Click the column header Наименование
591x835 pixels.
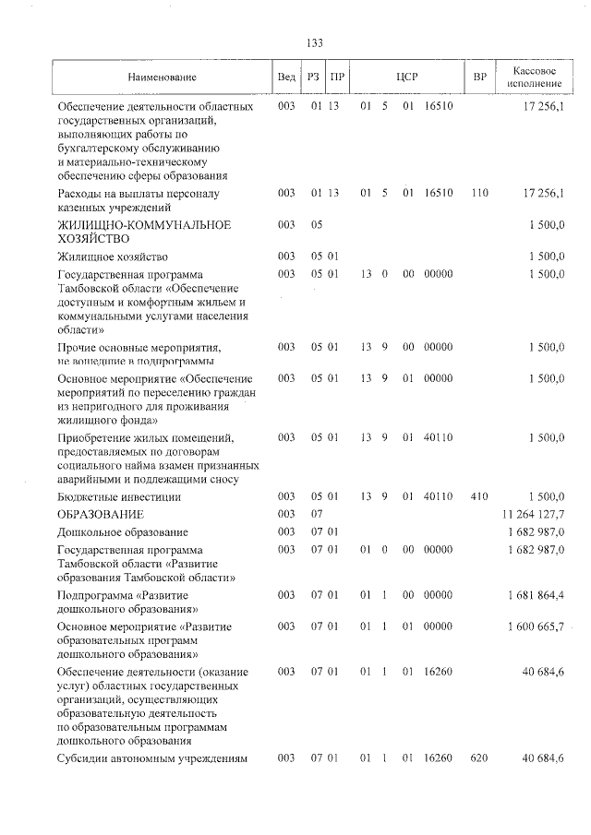coord(162,78)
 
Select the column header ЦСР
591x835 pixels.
coord(406,78)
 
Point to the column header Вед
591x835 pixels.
coord(286,78)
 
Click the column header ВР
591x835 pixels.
coord(479,78)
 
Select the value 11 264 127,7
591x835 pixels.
coord(533,513)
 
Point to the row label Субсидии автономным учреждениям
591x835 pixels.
coord(151,758)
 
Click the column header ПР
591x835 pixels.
coord(337,78)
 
